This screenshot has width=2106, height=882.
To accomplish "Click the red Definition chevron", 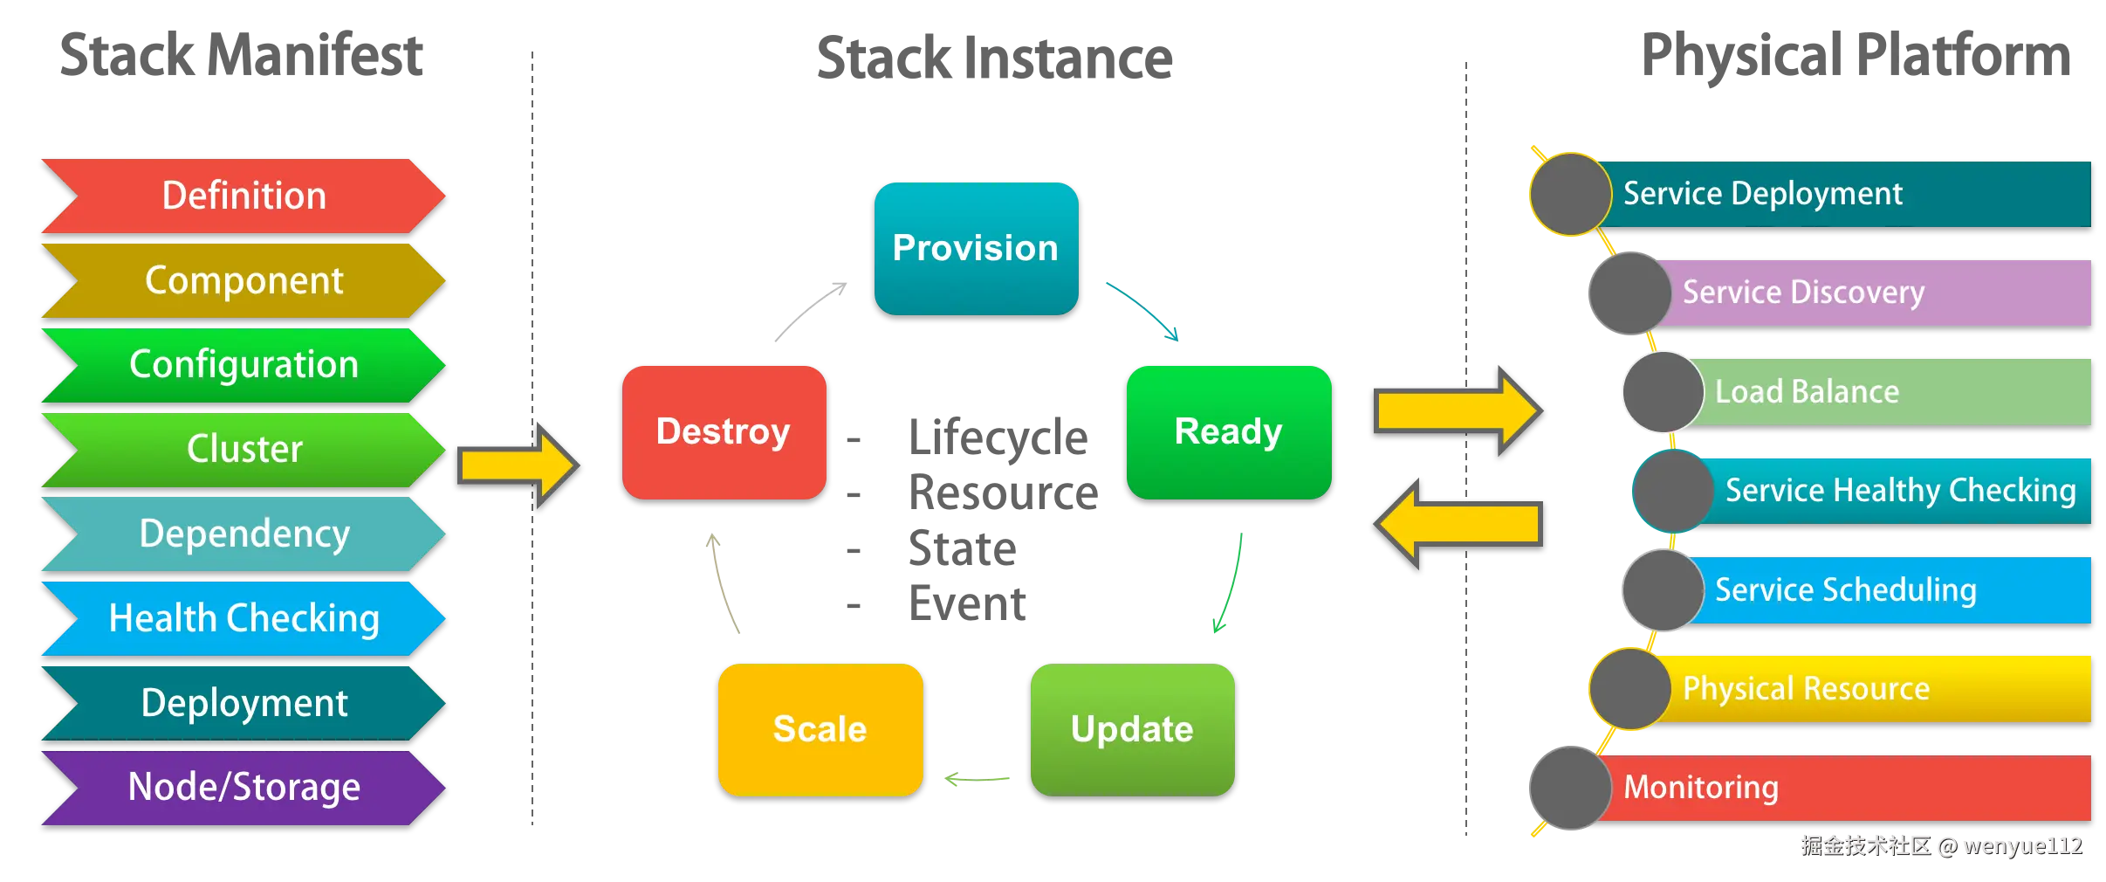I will (244, 196).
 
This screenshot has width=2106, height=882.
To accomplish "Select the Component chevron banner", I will (244, 280).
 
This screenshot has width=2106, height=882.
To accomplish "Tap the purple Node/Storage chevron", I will (244, 787).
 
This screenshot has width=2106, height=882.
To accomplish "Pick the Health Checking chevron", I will (244, 618).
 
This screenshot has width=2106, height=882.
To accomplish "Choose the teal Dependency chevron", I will (244, 534).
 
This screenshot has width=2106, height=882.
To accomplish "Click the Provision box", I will (976, 248).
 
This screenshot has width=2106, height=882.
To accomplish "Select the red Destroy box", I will (724, 431).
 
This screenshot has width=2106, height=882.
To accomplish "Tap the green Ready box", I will (1228, 431).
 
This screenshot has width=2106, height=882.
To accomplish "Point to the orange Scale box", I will (820, 729).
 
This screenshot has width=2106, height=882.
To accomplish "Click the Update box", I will (1132, 729).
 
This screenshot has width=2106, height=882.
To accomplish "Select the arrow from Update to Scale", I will (978, 778).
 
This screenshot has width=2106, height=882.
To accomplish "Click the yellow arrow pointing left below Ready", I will (1458, 523).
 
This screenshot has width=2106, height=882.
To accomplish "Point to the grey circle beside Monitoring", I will (1570, 788).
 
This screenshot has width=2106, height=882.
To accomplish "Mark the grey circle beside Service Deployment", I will (1570, 194).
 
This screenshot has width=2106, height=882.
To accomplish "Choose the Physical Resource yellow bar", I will (1876, 689).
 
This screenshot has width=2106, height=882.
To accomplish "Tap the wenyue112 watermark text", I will (2021, 845).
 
